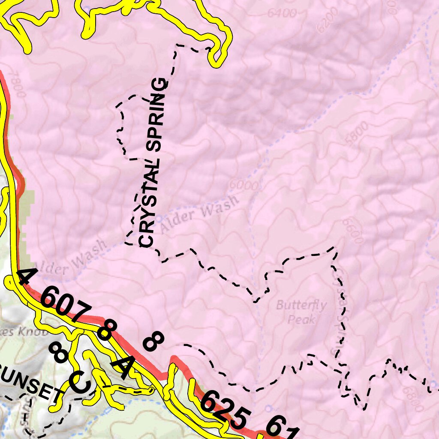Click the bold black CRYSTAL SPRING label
click(153, 163)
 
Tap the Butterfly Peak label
click(301, 312)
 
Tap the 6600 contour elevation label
click(352, 230)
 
